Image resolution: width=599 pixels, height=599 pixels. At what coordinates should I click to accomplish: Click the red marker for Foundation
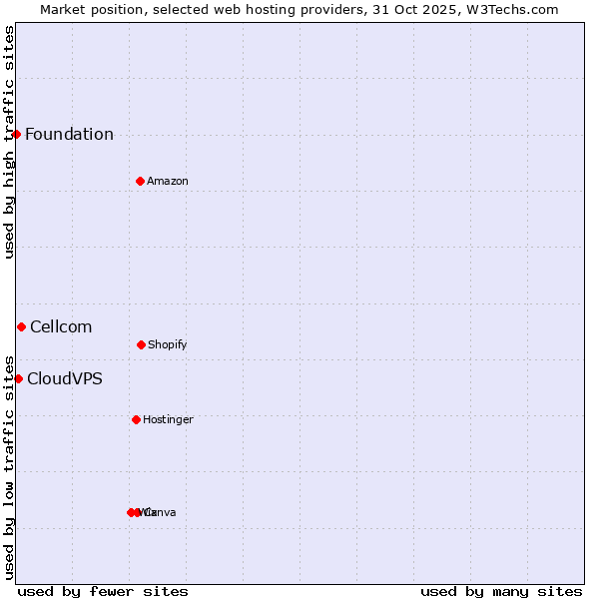click(x=16, y=134)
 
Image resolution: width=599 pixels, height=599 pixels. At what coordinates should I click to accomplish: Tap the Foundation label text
click(x=69, y=135)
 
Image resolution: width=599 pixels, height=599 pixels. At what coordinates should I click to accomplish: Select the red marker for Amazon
click(x=140, y=181)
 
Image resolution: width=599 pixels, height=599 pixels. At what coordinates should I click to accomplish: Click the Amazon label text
click(x=168, y=182)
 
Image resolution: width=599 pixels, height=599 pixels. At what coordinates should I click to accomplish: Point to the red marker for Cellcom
click(x=21, y=326)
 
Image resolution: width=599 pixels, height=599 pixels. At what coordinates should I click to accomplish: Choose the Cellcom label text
click(x=61, y=327)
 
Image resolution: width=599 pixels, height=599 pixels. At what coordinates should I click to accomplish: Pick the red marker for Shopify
click(x=141, y=344)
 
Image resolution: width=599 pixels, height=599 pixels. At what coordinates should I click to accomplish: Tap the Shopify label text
click(x=168, y=345)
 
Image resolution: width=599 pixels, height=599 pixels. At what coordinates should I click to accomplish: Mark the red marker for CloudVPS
click(x=18, y=378)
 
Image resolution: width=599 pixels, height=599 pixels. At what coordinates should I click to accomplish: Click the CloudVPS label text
click(x=65, y=379)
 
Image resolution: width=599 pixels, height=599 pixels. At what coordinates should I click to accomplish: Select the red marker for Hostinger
click(x=136, y=419)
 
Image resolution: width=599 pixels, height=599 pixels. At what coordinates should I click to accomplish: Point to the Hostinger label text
click(x=168, y=420)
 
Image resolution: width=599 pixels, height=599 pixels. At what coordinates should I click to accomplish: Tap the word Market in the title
click(x=63, y=9)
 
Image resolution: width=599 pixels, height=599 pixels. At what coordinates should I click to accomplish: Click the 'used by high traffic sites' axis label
click(x=9, y=142)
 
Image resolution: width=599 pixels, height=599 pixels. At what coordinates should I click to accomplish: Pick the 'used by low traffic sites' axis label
click(x=9, y=467)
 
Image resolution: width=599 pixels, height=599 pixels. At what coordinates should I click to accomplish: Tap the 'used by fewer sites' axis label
click(x=103, y=592)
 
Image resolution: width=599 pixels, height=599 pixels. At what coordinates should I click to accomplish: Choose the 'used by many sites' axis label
click(x=501, y=592)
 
